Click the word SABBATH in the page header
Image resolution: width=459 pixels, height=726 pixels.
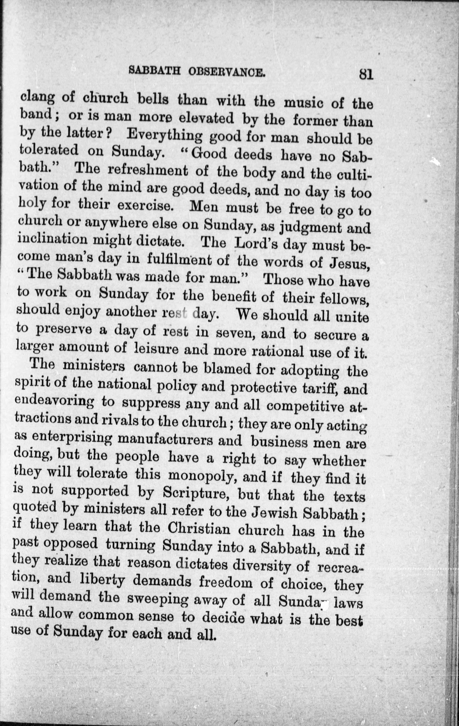point(155,71)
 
